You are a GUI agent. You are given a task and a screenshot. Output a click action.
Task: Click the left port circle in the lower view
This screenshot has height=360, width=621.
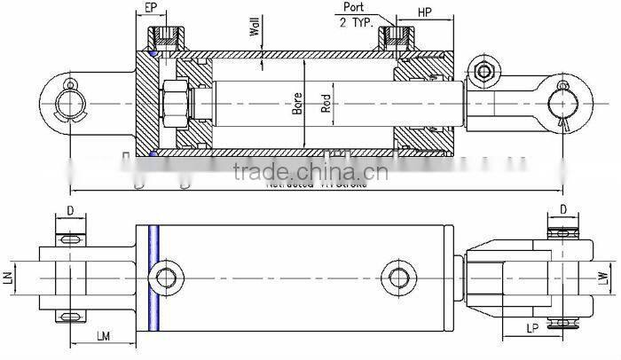166,278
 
